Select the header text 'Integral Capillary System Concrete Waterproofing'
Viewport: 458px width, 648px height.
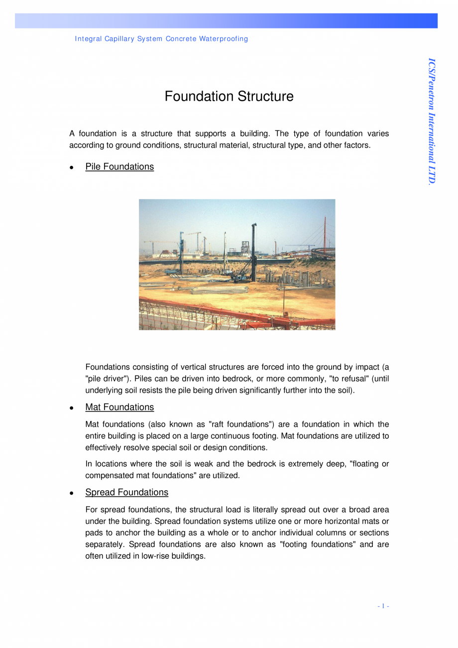161,39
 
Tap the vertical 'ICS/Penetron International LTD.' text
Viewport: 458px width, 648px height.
432,122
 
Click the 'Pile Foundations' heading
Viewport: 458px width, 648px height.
119,167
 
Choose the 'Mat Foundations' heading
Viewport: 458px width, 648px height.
119,407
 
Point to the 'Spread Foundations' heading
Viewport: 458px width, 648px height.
126,493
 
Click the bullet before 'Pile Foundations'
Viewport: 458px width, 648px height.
72,168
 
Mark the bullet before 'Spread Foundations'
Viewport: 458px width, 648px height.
72,493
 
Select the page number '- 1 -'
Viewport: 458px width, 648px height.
383,606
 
